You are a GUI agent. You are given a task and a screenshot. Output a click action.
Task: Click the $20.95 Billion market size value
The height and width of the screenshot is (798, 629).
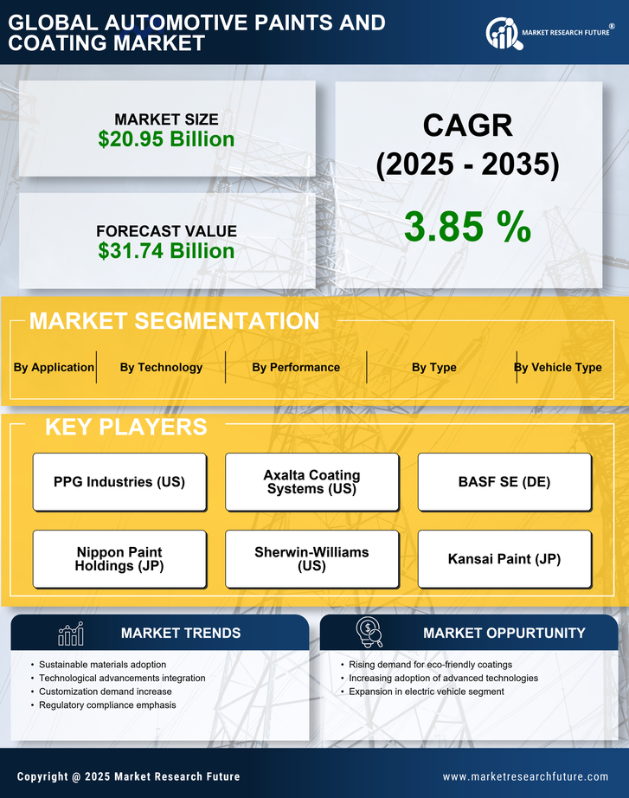click(166, 139)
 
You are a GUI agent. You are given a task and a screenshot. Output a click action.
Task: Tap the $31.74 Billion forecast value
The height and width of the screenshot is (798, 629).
click(166, 251)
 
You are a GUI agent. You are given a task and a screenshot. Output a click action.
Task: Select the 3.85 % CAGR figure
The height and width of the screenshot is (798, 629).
click(467, 227)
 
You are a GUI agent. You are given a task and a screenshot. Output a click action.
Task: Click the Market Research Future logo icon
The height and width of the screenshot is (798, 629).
click(503, 33)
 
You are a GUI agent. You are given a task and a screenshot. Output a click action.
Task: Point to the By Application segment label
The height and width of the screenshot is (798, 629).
click(54, 367)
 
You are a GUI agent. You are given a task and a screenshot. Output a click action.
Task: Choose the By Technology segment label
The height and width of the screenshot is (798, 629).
click(161, 367)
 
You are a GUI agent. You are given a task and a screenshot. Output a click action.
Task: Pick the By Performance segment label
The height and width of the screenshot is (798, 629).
click(296, 367)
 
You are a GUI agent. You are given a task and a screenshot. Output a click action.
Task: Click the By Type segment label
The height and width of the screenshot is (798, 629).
click(434, 367)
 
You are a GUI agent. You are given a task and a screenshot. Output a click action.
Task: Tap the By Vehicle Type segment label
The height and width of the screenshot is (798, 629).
click(558, 367)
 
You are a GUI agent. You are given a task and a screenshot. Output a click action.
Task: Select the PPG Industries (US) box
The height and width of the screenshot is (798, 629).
click(119, 482)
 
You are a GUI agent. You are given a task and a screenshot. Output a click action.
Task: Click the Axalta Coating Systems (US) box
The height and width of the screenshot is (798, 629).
click(311, 482)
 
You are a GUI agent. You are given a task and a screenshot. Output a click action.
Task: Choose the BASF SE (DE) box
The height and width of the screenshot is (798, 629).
click(504, 482)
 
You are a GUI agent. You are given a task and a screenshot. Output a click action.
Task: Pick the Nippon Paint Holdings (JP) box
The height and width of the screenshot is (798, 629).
click(119, 559)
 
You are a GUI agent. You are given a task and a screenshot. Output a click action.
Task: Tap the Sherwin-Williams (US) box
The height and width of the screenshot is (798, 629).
click(311, 559)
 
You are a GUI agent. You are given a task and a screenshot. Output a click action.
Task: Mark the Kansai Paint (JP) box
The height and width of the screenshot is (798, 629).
click(504, 559)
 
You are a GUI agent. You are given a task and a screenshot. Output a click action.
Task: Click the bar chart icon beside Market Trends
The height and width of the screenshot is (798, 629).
click(71, 634)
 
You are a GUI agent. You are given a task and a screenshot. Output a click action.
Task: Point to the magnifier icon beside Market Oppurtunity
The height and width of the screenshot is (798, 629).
click(369, 633)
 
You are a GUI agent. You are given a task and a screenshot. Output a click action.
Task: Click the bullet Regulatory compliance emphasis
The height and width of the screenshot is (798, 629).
click(107, 705)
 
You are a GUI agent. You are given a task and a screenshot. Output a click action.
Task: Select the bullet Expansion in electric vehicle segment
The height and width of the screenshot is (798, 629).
click(427, 692)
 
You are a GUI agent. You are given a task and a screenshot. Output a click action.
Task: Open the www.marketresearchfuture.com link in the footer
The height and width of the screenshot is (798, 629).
click(525, 776)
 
